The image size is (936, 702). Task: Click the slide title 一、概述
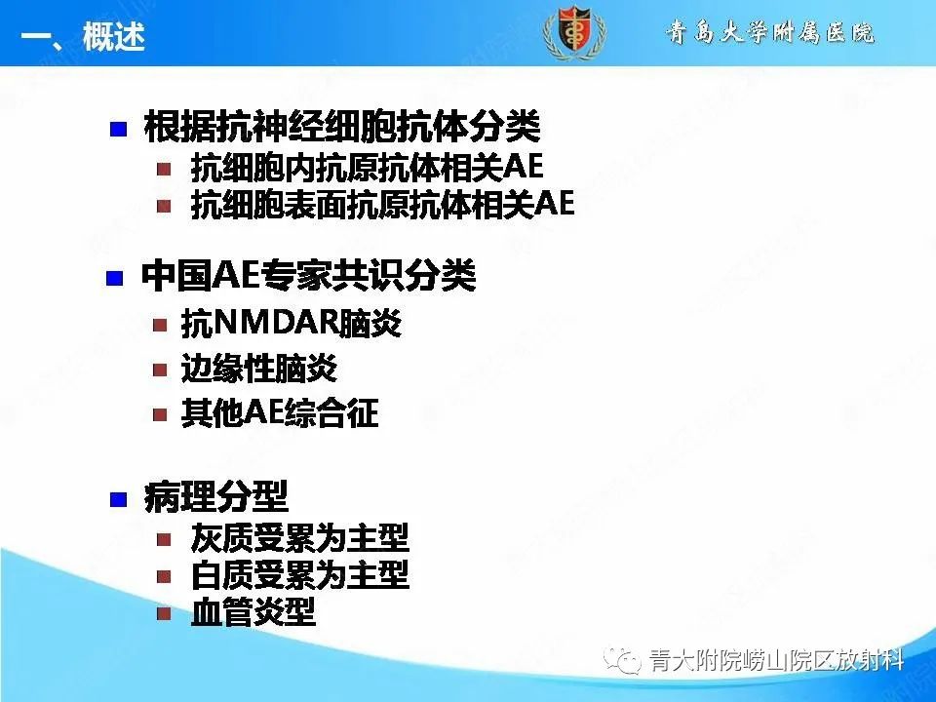pyautogui.click(x=83, y=38)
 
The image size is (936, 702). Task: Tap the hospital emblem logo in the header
pyautogui.click(x=574, y=32)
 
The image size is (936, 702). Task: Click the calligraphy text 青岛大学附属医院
pyautogui.click(x=770, y=32)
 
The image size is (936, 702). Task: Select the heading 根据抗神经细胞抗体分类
pyautogui.click(x=340, y=127)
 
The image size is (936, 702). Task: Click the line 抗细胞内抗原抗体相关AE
pyautogui.click(x=367, y=168)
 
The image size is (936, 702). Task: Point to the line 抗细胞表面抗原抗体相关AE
pyautogui.click(x=382, y=205)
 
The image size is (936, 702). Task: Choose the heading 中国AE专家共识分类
pyautogui.click(x=308, y=277)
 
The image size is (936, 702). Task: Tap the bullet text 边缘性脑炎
pyautogui.click(x=259, y=370)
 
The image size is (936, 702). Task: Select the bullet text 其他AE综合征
pyautogui.click(x=280, y=414)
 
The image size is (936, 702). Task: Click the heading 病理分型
pyautogui.click(x=215, y=498)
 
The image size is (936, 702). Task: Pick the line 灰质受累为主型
pyautogui.click(x=300, y=538)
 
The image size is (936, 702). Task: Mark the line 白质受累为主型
pyautogui.click(x=300, y=575)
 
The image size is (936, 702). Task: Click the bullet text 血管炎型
pyautogui.click(x=253, y=613)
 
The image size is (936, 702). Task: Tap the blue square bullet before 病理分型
pyautogui.click(x=118, y=500)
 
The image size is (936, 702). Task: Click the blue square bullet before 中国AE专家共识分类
pyautogui.click(x=115, y=279)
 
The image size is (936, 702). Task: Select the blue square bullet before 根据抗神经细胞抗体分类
pyautogui.click(x=118, y=129)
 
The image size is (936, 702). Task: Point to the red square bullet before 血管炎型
pyautogui.click(x=165, y=613)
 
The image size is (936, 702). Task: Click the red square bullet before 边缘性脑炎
pyautogui.click(x=161, y=370)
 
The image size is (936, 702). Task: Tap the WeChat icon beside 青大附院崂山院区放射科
pyautogui.click(x=621, y=662)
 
